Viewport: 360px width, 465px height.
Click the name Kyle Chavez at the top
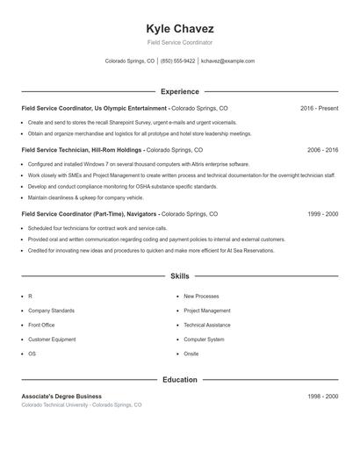[x=180, y=28]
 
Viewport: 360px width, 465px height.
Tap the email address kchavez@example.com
[x=227, y=61]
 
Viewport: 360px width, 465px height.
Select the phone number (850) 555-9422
[x=177, y=61]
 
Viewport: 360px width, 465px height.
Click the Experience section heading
[x=180, y=91]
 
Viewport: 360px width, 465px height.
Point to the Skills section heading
[x=180, y=276]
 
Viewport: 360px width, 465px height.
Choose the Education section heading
[x=180, y=380]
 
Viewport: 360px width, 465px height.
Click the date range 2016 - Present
[x=319, y=108]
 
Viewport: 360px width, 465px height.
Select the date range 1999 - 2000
[x=322, y=214]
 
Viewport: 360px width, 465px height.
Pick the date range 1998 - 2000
[x=322, y=397]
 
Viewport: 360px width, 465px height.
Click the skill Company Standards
[x=51, y=311]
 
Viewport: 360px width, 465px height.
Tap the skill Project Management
[x=207, y=311]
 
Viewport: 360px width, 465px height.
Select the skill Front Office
[x=41, y=325]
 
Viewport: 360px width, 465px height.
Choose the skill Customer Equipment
[x=52, y=339]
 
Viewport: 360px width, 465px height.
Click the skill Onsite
[x=191, y=354]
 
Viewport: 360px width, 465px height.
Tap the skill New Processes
[x=201, y=297]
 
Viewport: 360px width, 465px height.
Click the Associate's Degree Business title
[x=61, y=397]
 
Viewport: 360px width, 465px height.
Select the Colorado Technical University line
[x=81, y=405]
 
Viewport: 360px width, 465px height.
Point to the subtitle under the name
[x=180, y=42]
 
